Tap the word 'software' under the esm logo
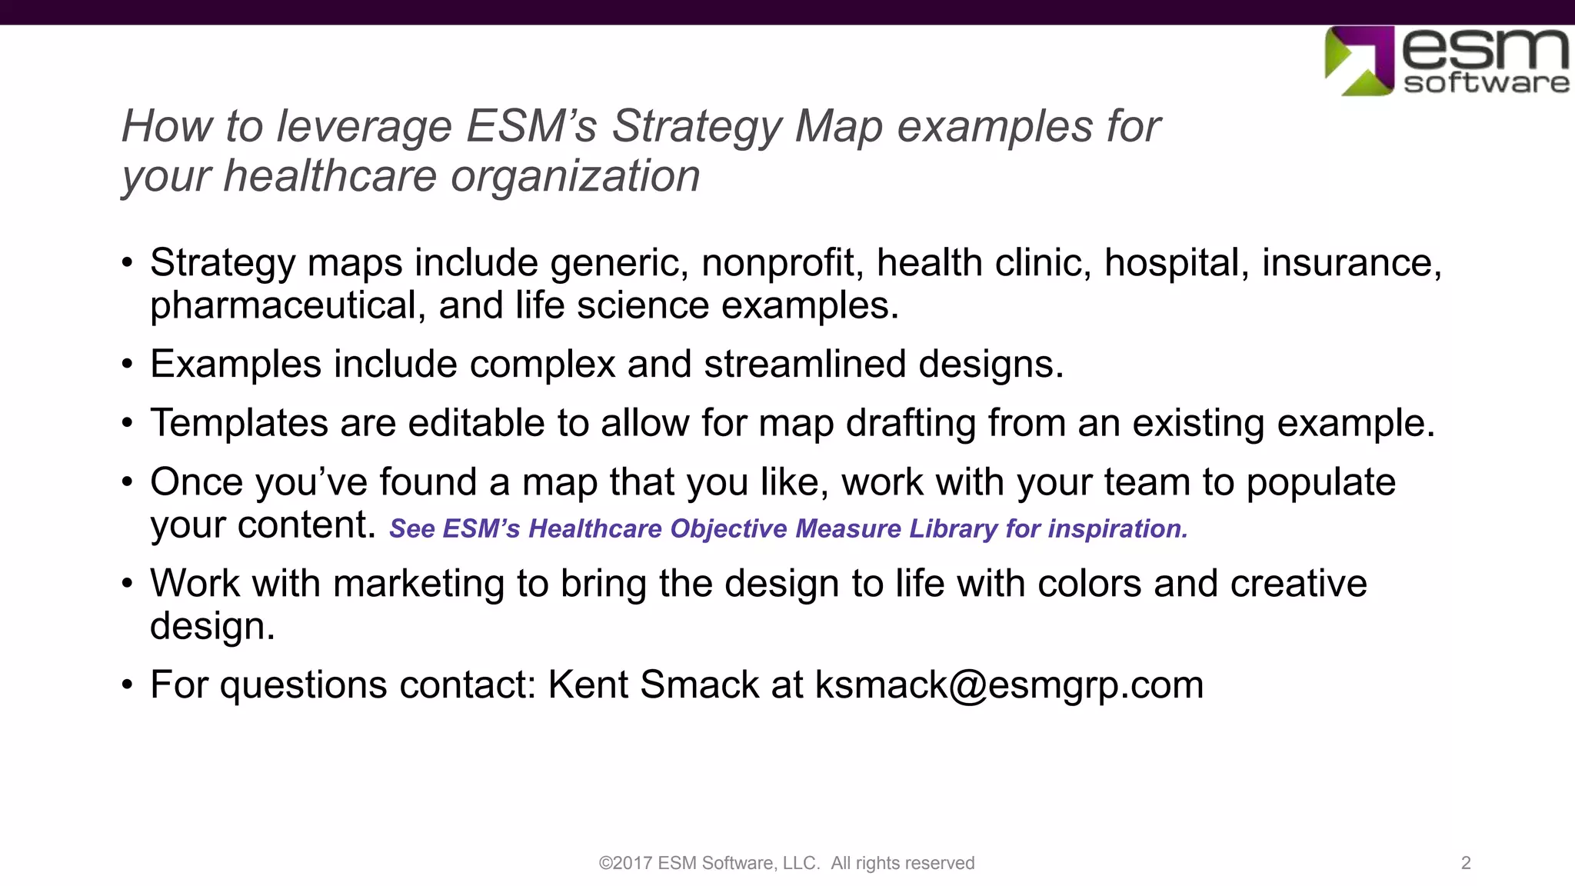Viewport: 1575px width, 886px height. point(1486,83)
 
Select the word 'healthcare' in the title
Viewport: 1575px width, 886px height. point(331,176)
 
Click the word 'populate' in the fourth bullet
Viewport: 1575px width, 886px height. point(1320,482)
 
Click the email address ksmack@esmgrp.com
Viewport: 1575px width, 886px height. point(1009,684)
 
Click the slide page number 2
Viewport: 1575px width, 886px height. point(1466,863)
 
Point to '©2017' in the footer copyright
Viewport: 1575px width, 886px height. point(625,863)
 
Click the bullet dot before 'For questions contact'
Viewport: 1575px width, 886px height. point(128,684)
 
